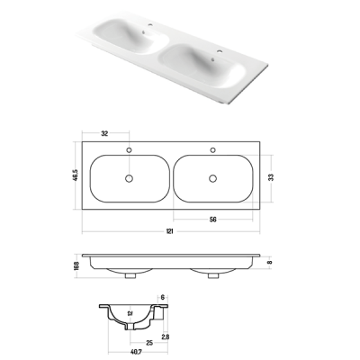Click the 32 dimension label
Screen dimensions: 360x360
[x=104, y=133]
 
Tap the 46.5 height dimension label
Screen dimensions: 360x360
[x=76, y=175]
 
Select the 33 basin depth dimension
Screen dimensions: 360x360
[x=271, y=177]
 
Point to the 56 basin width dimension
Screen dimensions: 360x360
[x=212, y=220]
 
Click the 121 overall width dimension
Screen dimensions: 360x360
[x=169, y=231]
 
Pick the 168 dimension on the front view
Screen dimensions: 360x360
[x=76, y=266]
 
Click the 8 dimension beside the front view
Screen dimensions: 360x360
[x=270, y=262]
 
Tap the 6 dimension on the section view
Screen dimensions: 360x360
[x=162, y=297]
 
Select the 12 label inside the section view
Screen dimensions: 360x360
[x=130, y=313]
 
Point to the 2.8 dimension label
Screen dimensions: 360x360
[x=166, y=337]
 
